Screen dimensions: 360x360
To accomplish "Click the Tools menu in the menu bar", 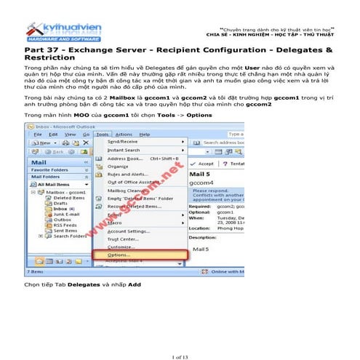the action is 103,135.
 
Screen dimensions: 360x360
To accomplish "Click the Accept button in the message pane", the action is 204,164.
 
